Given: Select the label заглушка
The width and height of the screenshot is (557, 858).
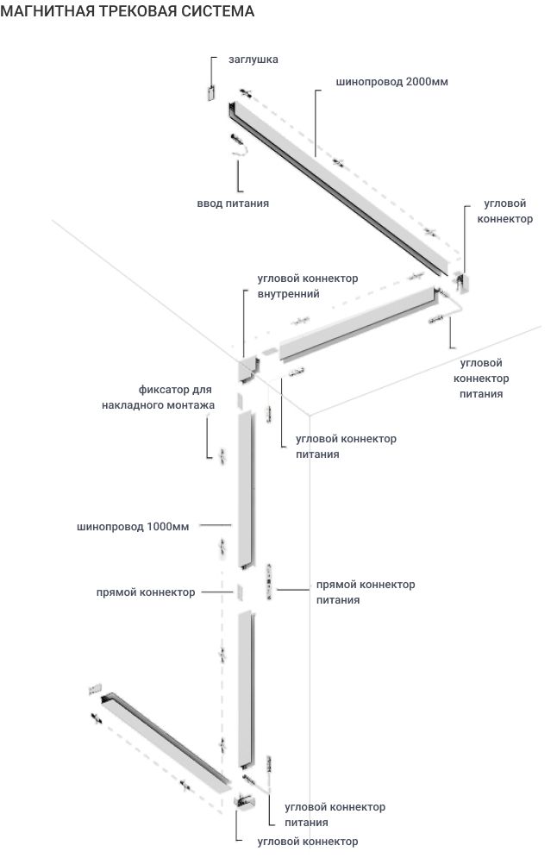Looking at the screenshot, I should point(253,59).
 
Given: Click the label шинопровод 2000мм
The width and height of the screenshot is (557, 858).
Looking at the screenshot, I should point(391,82).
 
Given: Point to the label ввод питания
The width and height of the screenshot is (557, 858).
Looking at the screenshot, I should point(233,204).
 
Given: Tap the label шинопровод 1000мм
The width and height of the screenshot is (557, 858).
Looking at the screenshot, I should point(132,525).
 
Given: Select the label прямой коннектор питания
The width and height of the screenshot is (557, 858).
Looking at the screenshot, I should point(366,592).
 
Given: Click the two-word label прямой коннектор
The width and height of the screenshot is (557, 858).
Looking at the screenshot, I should point(145,592).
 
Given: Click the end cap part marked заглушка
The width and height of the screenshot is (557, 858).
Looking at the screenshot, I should point(210,93).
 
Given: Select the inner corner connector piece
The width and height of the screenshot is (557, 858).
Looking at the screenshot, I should point(247,367).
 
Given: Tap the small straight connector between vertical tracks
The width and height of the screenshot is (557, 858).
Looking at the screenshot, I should point(241,592).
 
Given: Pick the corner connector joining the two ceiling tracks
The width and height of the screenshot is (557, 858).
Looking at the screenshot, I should point(460,281).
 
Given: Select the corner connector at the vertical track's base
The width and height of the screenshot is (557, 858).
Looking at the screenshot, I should point(244,801).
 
